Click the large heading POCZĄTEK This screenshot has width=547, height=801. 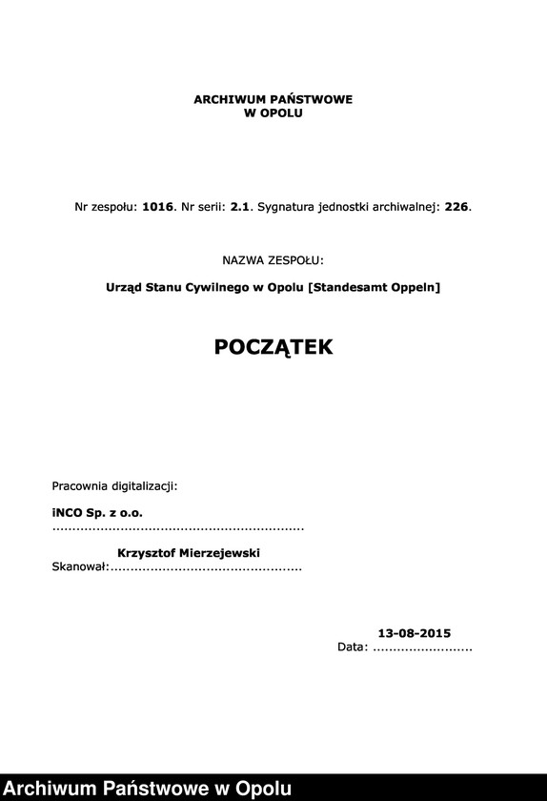[x=273, y=347]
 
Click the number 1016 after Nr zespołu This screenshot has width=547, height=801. [x=158, y=206]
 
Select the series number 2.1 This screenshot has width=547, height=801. [x=241, y=206]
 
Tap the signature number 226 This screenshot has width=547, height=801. [x=456, y=206]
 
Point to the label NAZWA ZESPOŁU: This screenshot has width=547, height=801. [x=273, y=259]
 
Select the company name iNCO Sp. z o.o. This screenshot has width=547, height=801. [x=97, y=513]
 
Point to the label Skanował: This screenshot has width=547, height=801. [x=80, y=568]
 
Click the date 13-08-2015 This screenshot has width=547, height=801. [x=415, y=633]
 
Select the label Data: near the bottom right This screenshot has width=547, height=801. [x=353, y=647]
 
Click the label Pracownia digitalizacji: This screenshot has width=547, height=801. [x=114, y=486]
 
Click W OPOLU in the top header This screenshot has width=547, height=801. [x=273, y=113]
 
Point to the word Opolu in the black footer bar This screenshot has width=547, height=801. [x=262, y=789]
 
